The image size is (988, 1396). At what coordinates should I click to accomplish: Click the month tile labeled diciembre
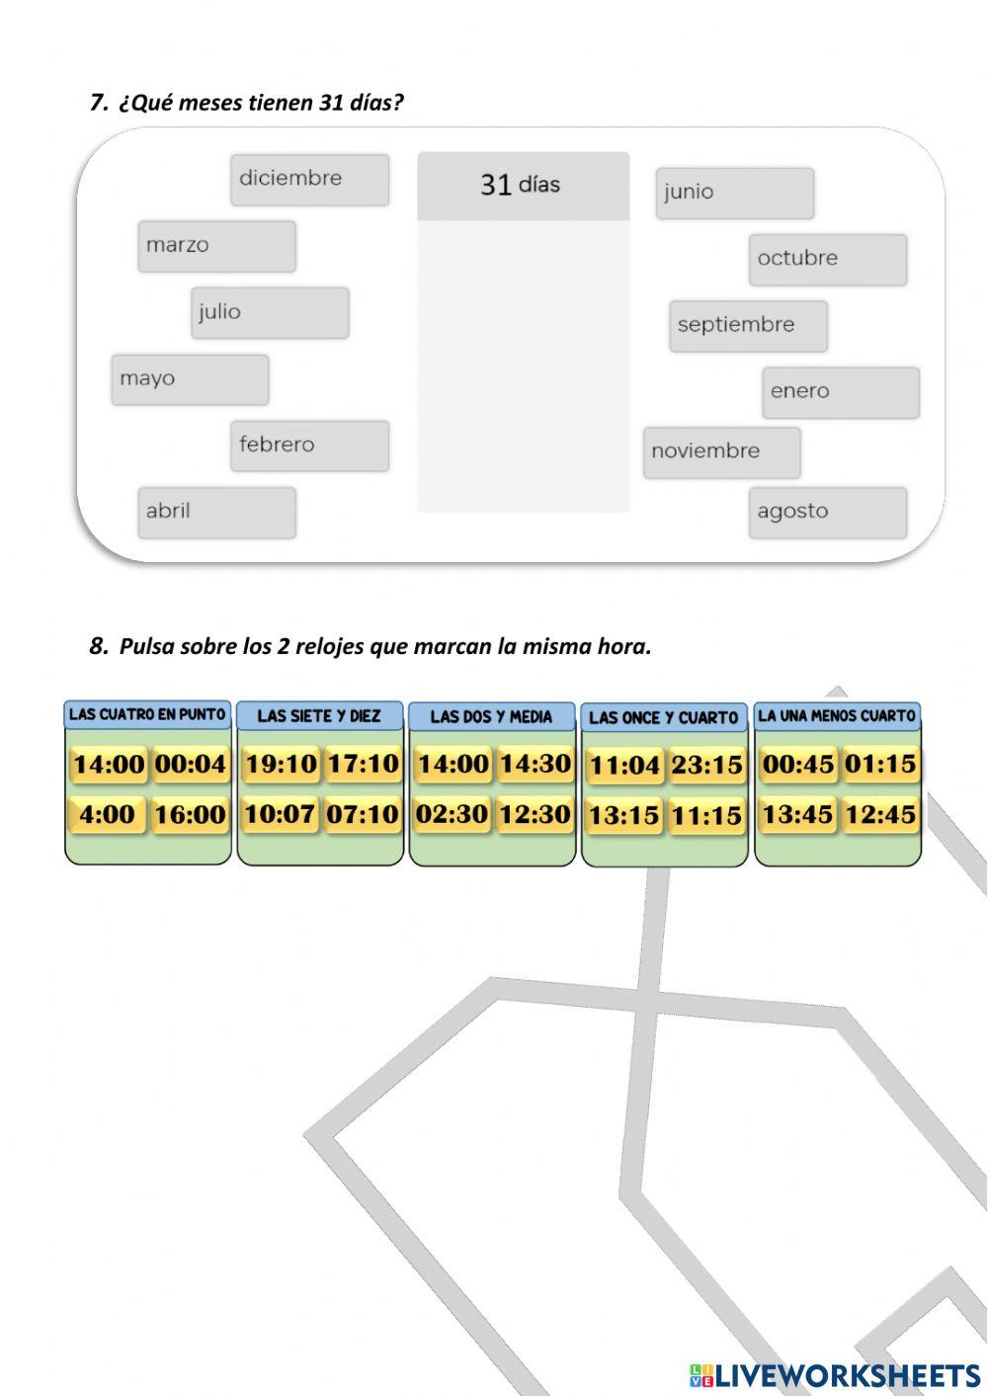click(309, 180)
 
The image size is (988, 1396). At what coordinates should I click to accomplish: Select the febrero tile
click(309, 446)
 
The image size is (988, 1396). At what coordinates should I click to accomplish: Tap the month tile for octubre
click(827, 259)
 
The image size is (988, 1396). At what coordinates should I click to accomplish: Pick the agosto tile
click(827, 512)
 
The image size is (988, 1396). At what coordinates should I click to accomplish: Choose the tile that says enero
click(840, 392)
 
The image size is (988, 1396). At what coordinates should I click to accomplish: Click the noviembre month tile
click(721, 452)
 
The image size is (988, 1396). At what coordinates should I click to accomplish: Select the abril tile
click(216, 512)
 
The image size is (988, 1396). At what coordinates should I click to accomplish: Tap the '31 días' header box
click(523, 185)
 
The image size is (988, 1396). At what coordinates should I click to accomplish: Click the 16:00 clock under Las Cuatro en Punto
click(190, 815)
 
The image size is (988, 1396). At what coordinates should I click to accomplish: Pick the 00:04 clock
click(190, 764)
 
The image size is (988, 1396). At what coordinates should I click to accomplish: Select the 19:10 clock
click(281, 764)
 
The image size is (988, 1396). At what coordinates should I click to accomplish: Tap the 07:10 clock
click(363, 815)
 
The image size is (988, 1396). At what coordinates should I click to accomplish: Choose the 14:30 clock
click(535, 764)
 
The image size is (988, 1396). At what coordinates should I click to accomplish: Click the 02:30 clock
click(452, 815)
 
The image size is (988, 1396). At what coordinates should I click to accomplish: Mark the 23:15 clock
click(706, 766)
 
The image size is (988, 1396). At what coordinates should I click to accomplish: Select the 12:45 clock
click(879, 815)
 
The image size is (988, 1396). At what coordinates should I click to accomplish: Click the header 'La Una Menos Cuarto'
click(837, 716)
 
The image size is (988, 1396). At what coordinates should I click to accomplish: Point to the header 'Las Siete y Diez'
click(318, 716)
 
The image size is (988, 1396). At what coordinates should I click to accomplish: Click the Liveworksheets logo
click(835, 1374)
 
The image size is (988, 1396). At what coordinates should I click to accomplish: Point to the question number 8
click(98, 647)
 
